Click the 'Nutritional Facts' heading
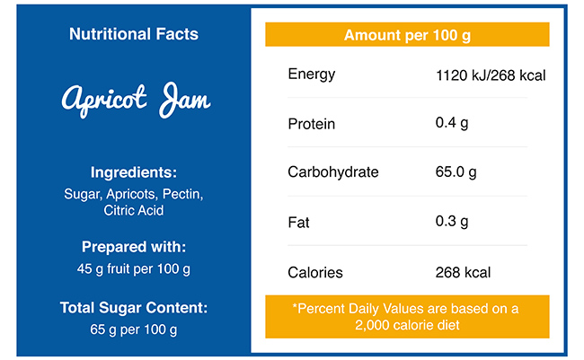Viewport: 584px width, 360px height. pyautogui.click(x=134, y=34)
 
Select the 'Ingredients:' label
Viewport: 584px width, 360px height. pyautogui.click(x=134, y=172)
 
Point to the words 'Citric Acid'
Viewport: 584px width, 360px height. pyautogui.click(x=134, y=211)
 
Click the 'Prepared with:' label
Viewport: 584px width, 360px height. pyautogui.click(x=134, y=247)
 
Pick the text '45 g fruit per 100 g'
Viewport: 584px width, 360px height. pyautogui.click(x=134, y=268)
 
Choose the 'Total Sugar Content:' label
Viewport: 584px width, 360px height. pyautogui.click(x=134, y=308)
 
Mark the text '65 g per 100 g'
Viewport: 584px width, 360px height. pyautogui.click(x=134, y=329)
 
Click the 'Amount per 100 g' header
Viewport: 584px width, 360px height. pyautogui.click(x=407, y=35)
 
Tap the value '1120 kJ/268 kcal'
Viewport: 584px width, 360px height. pyautogui.click(x=490, y=75)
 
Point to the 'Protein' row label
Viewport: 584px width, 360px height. pyautogui.click(x=311, y=123)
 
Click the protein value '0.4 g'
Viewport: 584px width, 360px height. pyautogui.click(x=452, y=122)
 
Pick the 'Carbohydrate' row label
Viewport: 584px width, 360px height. pyautogui.click(x=332, y=172)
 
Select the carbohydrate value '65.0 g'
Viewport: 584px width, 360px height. pyautogui.click(x=456, y=172)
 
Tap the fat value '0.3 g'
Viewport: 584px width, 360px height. pyautogui.click(x=452, y=222)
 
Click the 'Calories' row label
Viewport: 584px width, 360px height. pyautogui.click(x=314, y=272)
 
